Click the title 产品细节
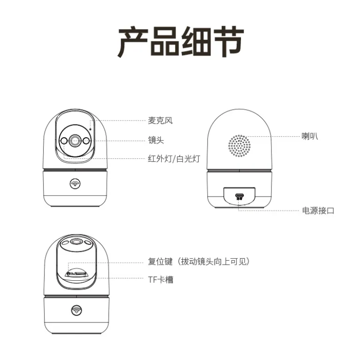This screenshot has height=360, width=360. click(180, 41)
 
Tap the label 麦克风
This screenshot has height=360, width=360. click(160, 120)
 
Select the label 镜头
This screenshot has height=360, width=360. click(156, 140)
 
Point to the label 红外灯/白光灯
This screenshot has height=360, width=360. click(174, 158)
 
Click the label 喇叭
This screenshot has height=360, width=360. click(310, 136)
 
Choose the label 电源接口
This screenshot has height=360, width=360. click(318, 210)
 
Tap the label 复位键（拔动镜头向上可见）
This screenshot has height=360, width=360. click(199, 262)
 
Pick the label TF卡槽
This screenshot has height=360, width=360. click(160, 280)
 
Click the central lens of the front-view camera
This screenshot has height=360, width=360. click(75, 141)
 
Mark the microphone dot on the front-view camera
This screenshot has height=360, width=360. click(90, 129)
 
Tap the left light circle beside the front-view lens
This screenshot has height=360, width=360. click(64, 141)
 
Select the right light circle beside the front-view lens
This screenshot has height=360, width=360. click(86, 141)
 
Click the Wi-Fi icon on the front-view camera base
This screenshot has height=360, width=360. click(75, 184)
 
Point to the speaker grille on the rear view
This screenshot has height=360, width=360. click(240, 146)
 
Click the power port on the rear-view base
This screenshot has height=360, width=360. click(240, 196)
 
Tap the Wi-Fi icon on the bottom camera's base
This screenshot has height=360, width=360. click(76, 310)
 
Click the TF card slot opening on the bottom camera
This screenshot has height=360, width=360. click(81, 274)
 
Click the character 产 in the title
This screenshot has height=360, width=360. click(133, 42)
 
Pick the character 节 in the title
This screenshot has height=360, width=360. click(228, 42)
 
